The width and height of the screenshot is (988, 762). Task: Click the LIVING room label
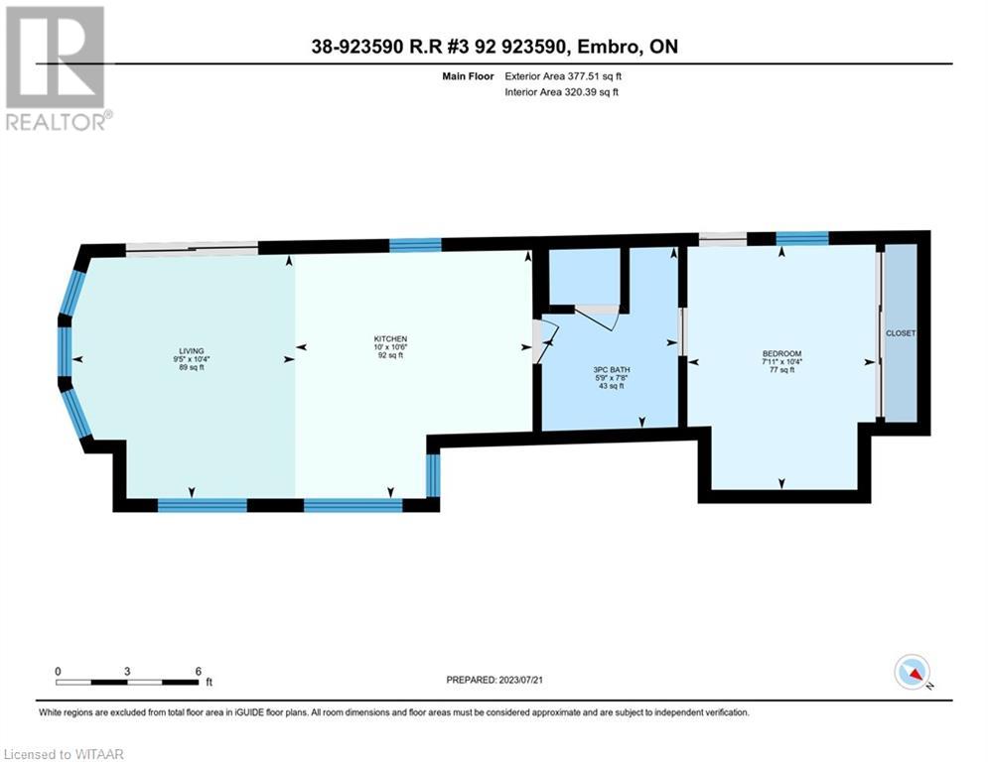tap(191, 351)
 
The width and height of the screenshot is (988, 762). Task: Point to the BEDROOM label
tap(781, 354)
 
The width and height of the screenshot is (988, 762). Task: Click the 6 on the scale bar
tap(199, 671)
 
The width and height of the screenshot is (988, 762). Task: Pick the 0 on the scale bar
tap(58, 671)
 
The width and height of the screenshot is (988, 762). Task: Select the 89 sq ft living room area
tap(191, 367)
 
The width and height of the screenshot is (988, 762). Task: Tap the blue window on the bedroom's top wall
tap(801, 237)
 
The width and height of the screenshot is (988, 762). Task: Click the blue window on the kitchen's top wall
tap(415, 245)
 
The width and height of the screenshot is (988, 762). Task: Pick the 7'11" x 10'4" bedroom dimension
tap(781, 362)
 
